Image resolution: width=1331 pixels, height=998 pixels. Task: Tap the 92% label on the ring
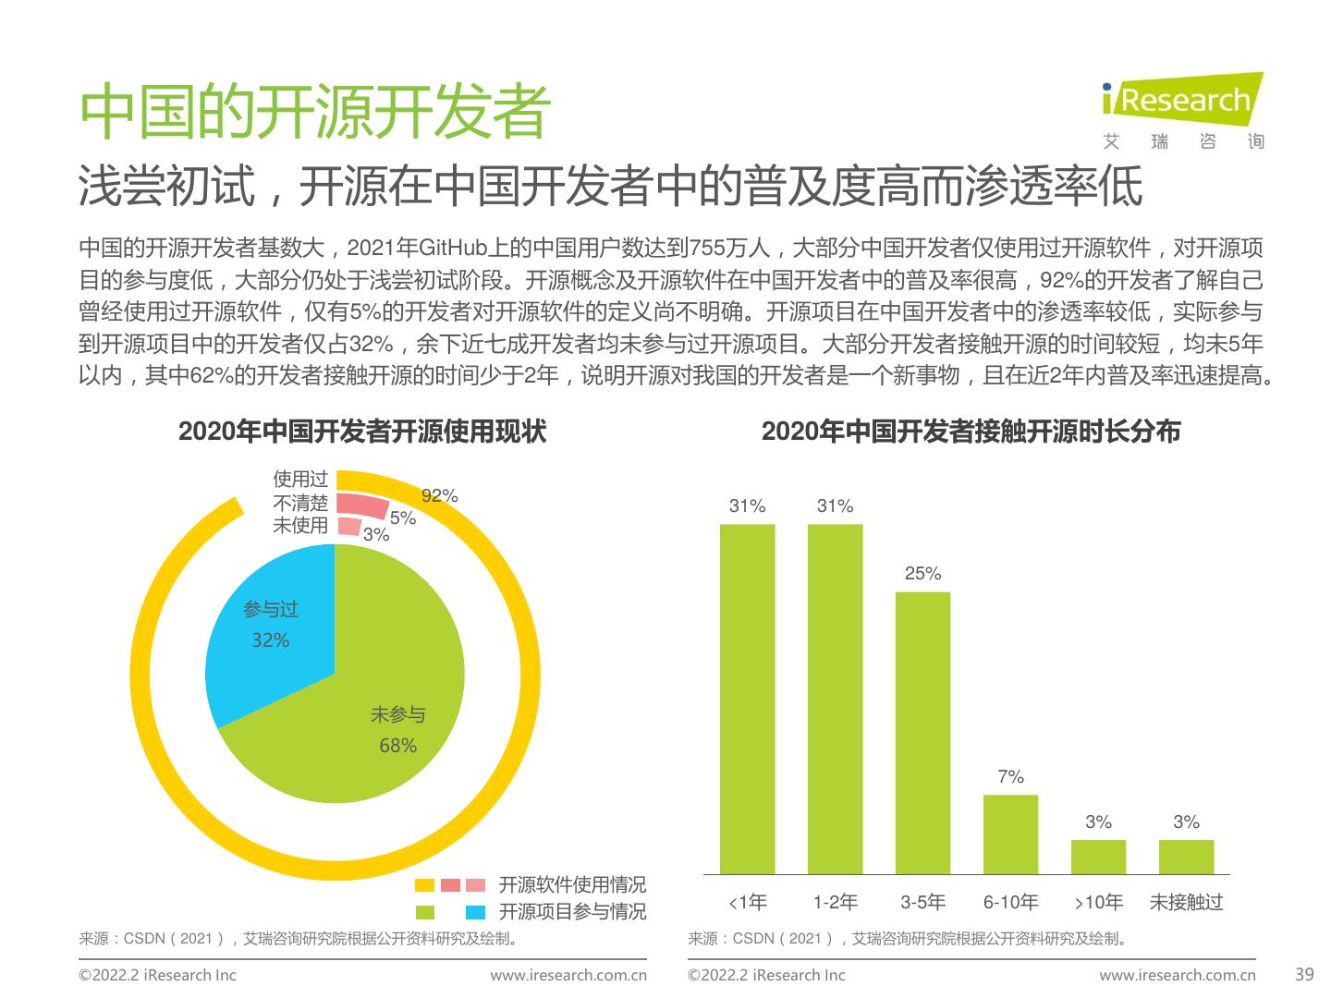[x=439, y=495]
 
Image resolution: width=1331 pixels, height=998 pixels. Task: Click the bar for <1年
[x=747, y=698]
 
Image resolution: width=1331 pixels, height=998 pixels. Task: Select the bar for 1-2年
[x=835, y=698]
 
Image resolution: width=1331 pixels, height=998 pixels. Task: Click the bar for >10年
[x=1098, y=857]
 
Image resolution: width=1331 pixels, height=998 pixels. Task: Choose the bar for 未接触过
[x=1186, y=857]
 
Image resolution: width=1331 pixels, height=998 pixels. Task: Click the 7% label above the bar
[x=1010, y=777]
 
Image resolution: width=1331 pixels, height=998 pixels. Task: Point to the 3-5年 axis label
[x=922, y=902]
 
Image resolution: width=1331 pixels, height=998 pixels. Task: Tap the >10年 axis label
[x=1098, y=902]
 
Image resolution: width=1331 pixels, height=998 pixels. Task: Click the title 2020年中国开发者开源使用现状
[x=361, y=432]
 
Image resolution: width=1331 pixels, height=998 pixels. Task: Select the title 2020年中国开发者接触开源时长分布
[x=971, y=432]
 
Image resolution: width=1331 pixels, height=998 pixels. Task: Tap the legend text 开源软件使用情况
[x=572, y=884]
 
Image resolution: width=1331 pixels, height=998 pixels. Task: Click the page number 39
[x=1304, y=974]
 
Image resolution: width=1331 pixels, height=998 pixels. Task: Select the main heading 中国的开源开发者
[x=315, y=114]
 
